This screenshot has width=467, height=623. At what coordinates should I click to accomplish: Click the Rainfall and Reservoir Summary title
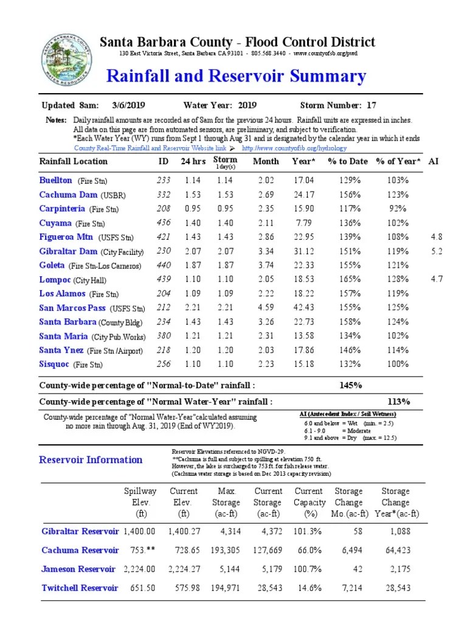click(x=236, y=77)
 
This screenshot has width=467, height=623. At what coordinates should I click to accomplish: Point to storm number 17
click(x=372, y=105)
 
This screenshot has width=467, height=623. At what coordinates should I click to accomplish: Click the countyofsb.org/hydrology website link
click(x=294, y=148)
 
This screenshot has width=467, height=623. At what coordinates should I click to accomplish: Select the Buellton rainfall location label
click(x=56, y=181)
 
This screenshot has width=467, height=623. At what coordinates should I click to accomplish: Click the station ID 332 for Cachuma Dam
click(x=164, y=195)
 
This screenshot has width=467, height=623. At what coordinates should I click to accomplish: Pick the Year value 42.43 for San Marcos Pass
click(x=303, y=307)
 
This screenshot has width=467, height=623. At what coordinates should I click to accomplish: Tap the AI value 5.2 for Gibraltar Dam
click(x=437, y=251)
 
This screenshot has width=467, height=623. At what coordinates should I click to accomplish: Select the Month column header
click(x=266, y=161)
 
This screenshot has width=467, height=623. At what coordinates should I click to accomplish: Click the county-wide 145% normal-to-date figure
click(x=351, y=385)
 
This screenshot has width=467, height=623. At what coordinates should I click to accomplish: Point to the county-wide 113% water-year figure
click(x=398, y=402)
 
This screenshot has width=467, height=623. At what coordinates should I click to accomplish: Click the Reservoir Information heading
click(x=91, y=460)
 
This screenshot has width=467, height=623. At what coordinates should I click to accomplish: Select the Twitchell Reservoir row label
click(x=80, y=588)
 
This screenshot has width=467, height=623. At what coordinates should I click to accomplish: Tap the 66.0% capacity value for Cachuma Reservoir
click(x=308, y=550)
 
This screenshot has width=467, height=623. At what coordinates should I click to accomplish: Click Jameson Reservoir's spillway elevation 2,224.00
click(x=139, y=569)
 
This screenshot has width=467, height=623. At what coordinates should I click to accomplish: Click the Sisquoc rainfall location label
click(x=55, y=364)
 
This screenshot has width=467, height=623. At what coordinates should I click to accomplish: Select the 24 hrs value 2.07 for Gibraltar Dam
click(x=193, y=251)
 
